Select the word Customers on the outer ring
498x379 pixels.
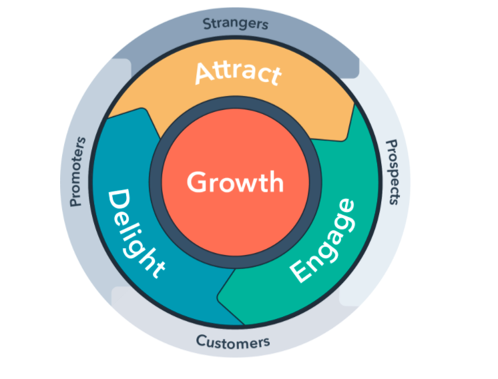pos(233,342)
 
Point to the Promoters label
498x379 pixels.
pos(78,171)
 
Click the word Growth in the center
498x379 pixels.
pos(235,181)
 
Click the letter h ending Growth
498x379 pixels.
pos(276,180)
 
